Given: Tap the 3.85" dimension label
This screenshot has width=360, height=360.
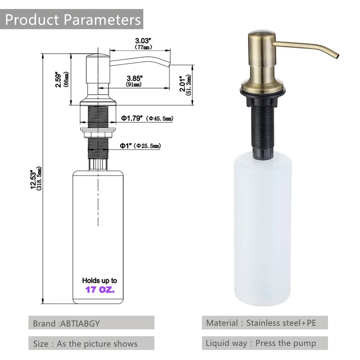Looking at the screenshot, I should click(x=135, y=78).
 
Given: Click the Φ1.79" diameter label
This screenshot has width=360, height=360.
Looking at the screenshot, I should click(x=132, y=118).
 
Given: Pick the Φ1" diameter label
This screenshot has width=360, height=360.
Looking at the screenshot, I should click(x=126, y=145).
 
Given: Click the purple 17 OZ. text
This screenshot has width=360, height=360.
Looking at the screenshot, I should click(x=100, y=289).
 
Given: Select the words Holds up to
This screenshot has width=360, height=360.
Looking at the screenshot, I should click(x=99, y=280).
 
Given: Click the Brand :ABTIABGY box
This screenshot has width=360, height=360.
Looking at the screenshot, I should click(x=91, y=323).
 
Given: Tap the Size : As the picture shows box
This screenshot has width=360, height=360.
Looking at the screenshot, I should click(x=91, y=343).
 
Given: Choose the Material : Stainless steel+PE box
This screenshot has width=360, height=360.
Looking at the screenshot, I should click(x=265, y=323).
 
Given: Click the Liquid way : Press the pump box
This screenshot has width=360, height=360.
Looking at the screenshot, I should click(x=265, y=343).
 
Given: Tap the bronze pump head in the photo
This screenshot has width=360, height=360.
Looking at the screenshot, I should click(x=262, y=54).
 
